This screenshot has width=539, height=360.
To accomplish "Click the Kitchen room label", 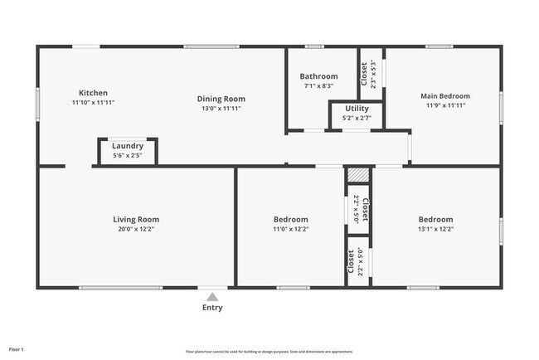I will [x=93, y=92].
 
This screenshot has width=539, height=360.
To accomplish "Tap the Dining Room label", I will [x=223, y=99].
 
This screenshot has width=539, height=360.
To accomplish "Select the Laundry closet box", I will [x=128, y=150].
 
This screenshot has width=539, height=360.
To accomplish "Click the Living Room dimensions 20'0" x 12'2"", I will [x=136, y=229].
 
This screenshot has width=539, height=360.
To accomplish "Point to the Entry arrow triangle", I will [x=212, y=296].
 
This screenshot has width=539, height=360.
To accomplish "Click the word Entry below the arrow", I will [x=212, y=308].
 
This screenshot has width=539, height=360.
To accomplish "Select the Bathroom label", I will [x=318, y=76].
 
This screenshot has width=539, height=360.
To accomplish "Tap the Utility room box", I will [x=356, y=114].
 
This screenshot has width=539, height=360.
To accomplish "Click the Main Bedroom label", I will [x=446, y=95].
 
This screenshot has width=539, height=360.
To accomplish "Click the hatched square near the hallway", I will [x=357, y=175].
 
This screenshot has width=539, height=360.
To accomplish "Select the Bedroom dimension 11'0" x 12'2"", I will [x=290, y=229].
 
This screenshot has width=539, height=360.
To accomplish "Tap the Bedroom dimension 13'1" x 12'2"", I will [x=435, y=229].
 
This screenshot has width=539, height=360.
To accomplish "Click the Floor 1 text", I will [x=17, y=350].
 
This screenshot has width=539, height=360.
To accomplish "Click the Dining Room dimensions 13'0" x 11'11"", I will [x=223, y=108].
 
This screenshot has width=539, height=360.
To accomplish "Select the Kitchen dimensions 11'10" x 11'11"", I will [x=93, y=102].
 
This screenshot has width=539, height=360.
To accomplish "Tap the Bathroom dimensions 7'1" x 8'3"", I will [x=318, y=85].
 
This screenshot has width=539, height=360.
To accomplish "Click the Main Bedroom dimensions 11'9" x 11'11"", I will [x=446, y=105].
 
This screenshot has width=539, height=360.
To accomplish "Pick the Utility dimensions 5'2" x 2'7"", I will [x=356, y=119].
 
